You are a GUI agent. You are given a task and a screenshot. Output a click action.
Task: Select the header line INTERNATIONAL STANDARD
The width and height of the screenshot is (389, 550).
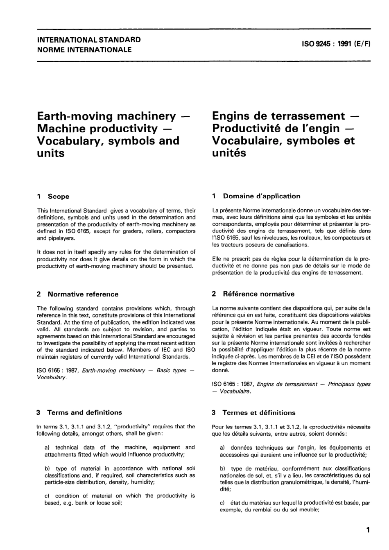coord(89,40)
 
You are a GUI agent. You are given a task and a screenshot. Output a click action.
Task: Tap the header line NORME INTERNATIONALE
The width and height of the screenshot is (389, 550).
coord(84,50)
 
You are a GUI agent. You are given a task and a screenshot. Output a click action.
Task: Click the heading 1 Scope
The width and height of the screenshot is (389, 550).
coord(53,197)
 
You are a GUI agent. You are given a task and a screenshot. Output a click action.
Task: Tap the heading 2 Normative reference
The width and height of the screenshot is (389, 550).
coord(77,294)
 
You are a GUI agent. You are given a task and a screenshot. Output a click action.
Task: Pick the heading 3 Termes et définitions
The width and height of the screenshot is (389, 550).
coord(253,413)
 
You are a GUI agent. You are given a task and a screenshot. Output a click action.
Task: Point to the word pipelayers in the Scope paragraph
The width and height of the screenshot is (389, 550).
coord(62,238)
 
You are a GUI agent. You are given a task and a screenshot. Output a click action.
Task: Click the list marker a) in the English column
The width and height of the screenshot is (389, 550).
coord(47,448)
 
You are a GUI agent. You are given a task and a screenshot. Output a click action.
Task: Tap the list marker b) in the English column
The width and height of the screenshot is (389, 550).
coord(47,469)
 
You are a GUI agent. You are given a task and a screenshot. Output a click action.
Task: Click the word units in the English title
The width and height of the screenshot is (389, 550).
coord(51,154)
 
